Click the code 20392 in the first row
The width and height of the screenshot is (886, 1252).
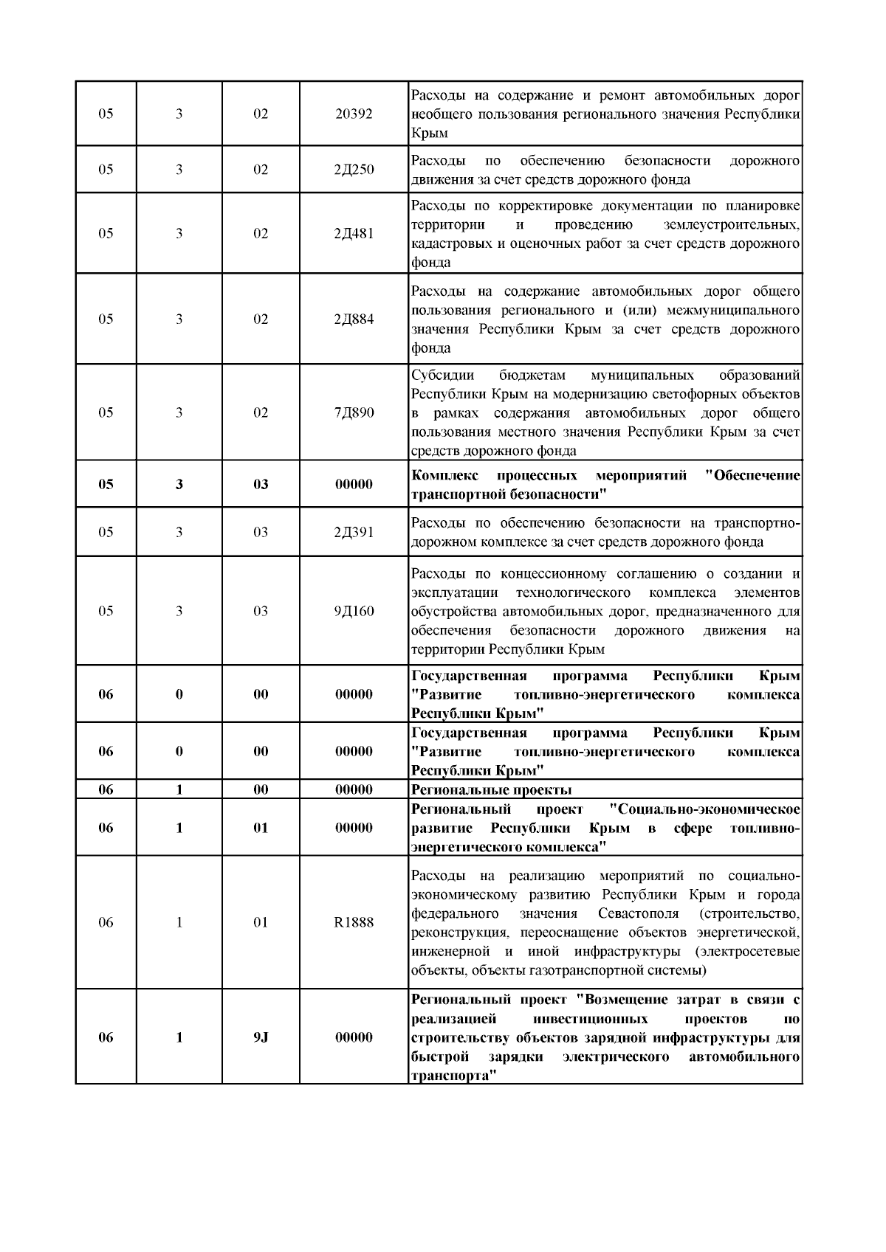pyautogui.click(x=354, y=114)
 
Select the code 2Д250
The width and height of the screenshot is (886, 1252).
pyautogui.click(x=354, y=170)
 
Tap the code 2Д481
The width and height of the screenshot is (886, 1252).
pyautogui.click(x=354, y=234)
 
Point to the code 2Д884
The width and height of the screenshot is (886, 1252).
pyautogui.click(x=354, y=319)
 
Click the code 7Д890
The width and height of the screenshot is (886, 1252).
pyautogui.click(x=354, y=412)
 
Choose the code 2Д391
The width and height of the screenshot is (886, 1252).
pyautogui.click(x=354, y=532)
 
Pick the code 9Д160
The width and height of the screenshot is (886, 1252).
pyautogui.click(x=354, y=611)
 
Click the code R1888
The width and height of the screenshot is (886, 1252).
pyautogui.click(x=354, y=923)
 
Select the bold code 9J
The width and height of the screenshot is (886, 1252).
pyautogui.click(x=261, y=1037)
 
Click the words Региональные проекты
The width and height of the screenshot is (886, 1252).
pyautogui.click(x=491, y=790)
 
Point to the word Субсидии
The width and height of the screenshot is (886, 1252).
pyautogui.click(x=442, y=375)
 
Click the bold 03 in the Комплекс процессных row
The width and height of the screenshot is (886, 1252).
pyautogui.click(x=261, y=485)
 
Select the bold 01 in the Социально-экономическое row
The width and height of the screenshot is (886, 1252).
pyautogui.click(x=261, y=828)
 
